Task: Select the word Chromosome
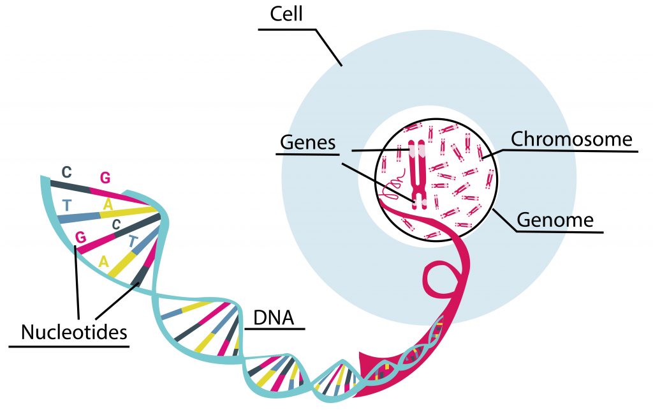571,139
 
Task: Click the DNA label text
274,317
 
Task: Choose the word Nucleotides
73,332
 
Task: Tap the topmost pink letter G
105,178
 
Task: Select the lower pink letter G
80,237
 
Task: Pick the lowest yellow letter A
104,261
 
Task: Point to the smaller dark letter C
116,224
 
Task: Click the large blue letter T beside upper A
67,205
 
